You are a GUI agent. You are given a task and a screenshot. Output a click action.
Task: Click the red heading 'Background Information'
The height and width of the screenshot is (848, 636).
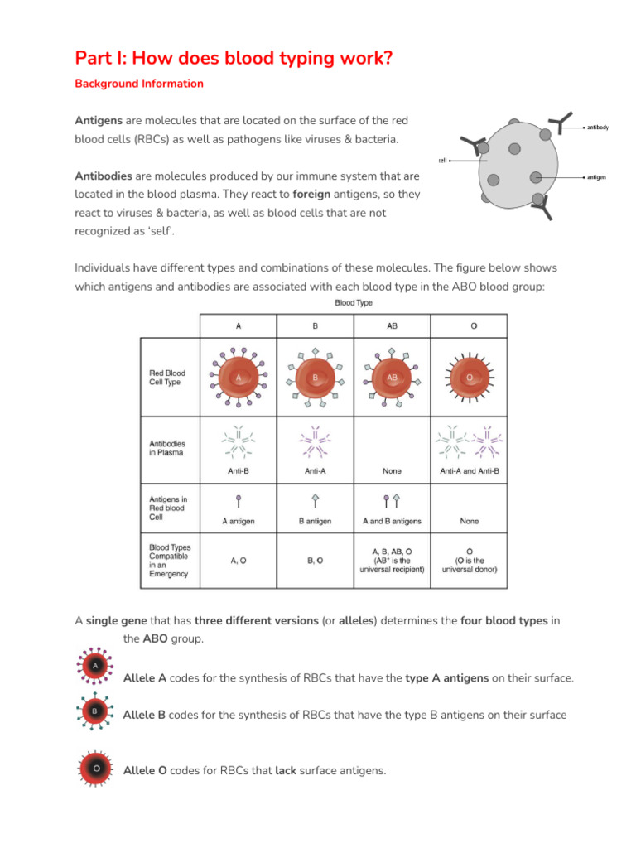tap(139, 84)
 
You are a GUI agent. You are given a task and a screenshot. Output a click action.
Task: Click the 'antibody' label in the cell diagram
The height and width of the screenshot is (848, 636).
tap(597, 128)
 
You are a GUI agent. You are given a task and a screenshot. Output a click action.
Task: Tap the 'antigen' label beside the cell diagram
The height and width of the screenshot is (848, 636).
tap(596, 176)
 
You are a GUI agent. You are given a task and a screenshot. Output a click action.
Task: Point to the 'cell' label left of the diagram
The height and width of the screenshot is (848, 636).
tap(442, 161)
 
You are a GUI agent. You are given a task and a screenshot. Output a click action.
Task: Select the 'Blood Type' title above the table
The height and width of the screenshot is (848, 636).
tap(354, 303)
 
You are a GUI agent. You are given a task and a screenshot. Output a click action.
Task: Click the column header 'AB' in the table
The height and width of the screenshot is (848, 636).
tap(392, 326)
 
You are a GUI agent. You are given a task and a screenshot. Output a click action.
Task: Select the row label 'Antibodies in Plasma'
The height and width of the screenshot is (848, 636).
tap(166, 448)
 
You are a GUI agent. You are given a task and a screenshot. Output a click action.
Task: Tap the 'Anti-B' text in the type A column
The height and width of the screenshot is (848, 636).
tap(238, 471)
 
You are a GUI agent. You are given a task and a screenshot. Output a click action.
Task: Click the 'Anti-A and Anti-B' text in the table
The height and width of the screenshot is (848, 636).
tap(470, 471)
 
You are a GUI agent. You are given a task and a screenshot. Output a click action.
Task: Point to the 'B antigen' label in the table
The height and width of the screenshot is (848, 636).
tap(315, 522)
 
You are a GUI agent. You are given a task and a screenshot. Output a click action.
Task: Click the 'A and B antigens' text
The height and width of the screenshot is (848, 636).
tap(392, 522)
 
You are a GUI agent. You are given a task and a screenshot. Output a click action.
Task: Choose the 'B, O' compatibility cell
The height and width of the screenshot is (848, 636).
tap(315, 560)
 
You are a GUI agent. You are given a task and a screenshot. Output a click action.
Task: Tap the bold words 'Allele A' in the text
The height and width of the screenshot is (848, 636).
tap(145, 678)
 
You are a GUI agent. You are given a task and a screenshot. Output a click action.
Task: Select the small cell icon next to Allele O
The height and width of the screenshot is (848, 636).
tap(96, 769)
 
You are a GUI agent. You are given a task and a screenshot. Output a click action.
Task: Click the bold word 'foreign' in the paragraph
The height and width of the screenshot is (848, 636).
tap(315, 195)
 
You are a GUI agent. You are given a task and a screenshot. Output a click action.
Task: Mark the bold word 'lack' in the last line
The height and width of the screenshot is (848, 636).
tap(286, 771)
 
